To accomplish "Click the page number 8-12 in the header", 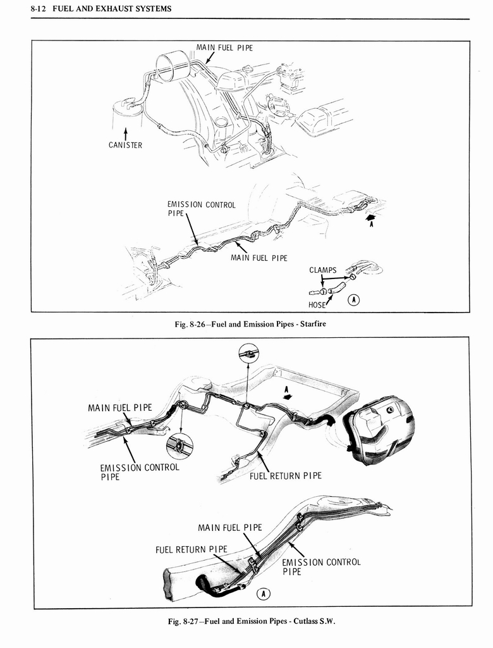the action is [39, 9].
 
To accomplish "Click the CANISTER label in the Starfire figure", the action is [125, 145].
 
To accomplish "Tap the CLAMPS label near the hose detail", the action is [323, 270].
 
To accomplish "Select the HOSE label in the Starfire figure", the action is [317, 305].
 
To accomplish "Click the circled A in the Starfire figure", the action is [354, 300].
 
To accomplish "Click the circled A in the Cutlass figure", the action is [263, 594].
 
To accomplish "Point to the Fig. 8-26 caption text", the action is [250, 324].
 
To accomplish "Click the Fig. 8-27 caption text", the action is [252, 621].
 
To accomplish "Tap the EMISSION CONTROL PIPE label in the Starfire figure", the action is [201, 209].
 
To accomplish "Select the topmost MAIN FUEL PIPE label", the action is [224, 47].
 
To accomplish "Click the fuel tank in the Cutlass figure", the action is [379, 430].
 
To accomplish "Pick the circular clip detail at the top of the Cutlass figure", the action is [248, 352].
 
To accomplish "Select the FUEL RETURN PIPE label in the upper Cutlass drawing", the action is [285, 476].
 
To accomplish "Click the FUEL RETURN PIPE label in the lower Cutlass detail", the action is [191, 550].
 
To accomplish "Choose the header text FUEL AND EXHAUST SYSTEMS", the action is [112, 9].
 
